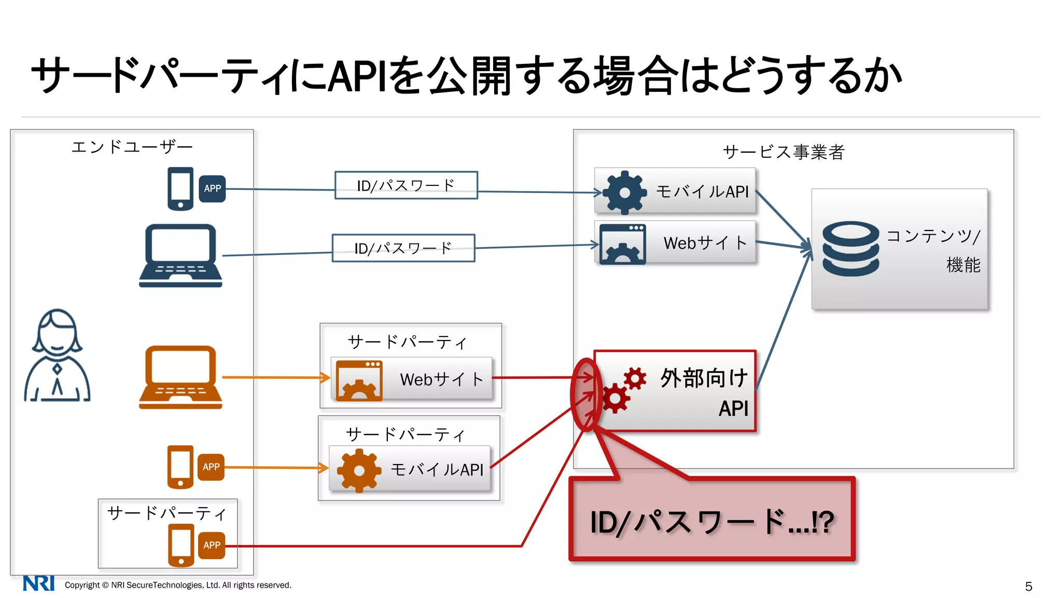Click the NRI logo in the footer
[38, 583]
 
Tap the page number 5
[1028, 586]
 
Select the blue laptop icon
[180, 255]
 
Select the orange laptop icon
[180, 377]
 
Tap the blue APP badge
[212, 188]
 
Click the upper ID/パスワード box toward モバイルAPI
[406, 185]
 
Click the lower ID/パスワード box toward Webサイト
[403, 248]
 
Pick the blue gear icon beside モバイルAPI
[624, 193]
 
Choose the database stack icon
[850, 249]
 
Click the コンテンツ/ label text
[933, 236]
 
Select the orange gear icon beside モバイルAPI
[359, 470]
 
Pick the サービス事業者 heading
[784, 152]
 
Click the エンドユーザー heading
[132, 147]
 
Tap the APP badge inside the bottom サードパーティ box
[212, 545]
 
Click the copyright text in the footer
[178, 585]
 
